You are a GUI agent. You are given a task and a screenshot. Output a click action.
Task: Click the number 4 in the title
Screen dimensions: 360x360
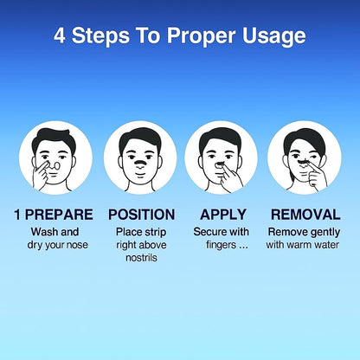[60, 35]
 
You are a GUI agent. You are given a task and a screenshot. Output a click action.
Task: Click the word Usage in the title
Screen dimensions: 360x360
[273, 37]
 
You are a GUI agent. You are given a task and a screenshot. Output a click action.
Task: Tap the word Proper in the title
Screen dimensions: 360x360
[201, 37]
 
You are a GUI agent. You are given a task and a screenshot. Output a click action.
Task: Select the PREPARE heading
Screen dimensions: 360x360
[59, 215]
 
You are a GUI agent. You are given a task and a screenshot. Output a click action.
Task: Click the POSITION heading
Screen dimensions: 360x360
[142, 215]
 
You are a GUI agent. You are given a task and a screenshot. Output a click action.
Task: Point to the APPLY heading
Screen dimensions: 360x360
[223, 215]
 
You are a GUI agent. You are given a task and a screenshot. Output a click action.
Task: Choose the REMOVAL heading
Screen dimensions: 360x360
[305, 215]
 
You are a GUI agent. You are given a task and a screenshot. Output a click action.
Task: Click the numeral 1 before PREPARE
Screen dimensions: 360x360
[17, 215]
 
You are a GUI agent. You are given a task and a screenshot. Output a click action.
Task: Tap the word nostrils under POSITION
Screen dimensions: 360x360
[141, 257]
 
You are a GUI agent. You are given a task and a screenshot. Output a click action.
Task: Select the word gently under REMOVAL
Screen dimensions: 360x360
[325, 233]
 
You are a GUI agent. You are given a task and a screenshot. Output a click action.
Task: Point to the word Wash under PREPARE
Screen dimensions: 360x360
[42, 232]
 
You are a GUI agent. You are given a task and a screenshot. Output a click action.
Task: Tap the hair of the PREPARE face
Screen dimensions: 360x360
[54, 138]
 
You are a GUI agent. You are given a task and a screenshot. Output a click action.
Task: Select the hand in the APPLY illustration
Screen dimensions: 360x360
[231, 176]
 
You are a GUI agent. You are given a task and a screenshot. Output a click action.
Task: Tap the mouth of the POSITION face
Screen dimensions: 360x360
[140, 175]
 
